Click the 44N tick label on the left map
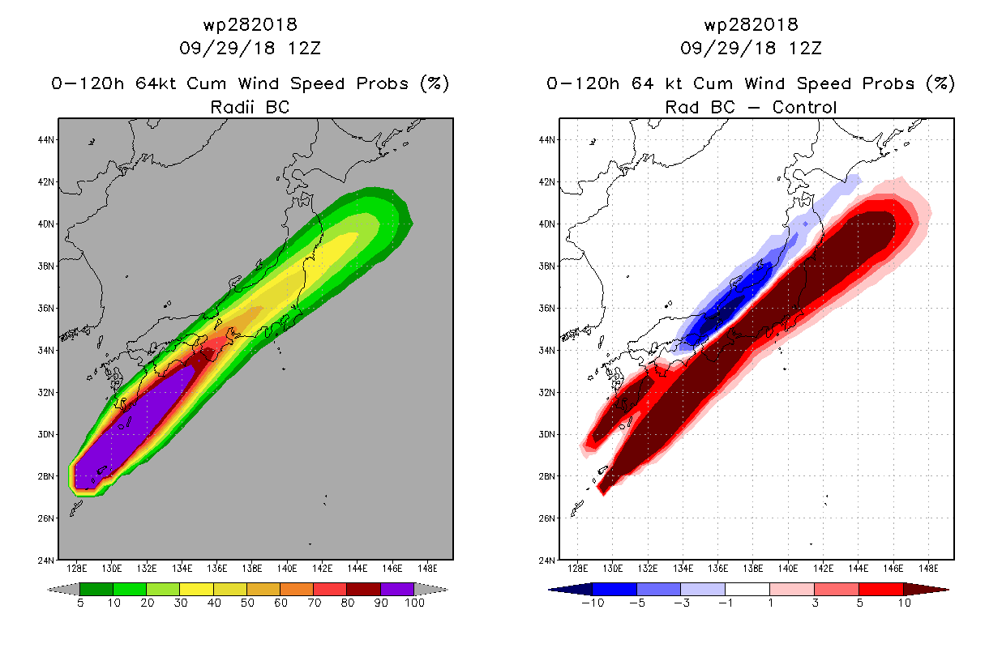pyautogui.click(x=45, y=140)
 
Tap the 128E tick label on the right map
pyautogui.click(x=577, y=569)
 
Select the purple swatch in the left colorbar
pyautogui.click(x=397, y=589)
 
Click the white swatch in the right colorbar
pyautogui.click(x=747, y=589)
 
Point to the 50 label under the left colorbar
pyautogui.click(x=247, y=603)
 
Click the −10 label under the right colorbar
pyautogui.click(x=593, y=603)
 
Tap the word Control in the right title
pyautogui.click(x=804, y=107)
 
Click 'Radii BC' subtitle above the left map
pyautogui.click(x=250, y=107)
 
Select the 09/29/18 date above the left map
pyautogui.click(x=227, y=49)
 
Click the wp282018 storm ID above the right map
pyautogui.click(x=751, y=24)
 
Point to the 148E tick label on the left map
pyautogui.click(x=427, y=569)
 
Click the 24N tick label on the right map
pyautogui.click(x=546, y=561)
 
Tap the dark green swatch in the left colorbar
pyautogui.click(x=96, y=589)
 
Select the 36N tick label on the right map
pyautogui.click(x=546, y=309)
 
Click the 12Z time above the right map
pyautogui.click(x=805, y=49)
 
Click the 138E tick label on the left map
pyautogui.click(x=252, y=569)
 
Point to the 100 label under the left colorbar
pyautogui.click(x=414, y=603)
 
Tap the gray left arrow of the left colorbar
pyautogui.click(x=63, y=589)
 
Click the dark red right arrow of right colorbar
pyautogui.click(x=926, y=589)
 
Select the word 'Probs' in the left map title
pyautogui.click(x=383, y=83)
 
